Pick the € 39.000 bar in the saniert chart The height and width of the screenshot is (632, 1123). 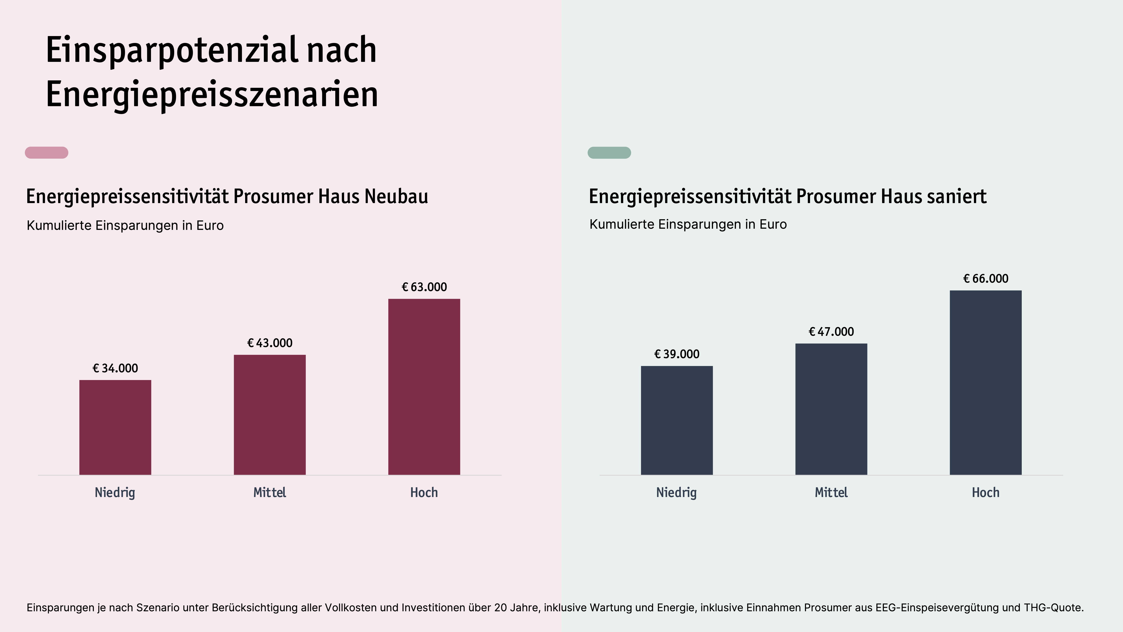677,420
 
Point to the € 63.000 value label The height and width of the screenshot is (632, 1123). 424,287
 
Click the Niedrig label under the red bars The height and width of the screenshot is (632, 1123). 115,492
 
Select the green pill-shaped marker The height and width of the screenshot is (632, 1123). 609,153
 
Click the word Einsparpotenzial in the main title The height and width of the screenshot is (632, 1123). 172,50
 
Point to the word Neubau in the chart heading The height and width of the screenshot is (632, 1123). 396,196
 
